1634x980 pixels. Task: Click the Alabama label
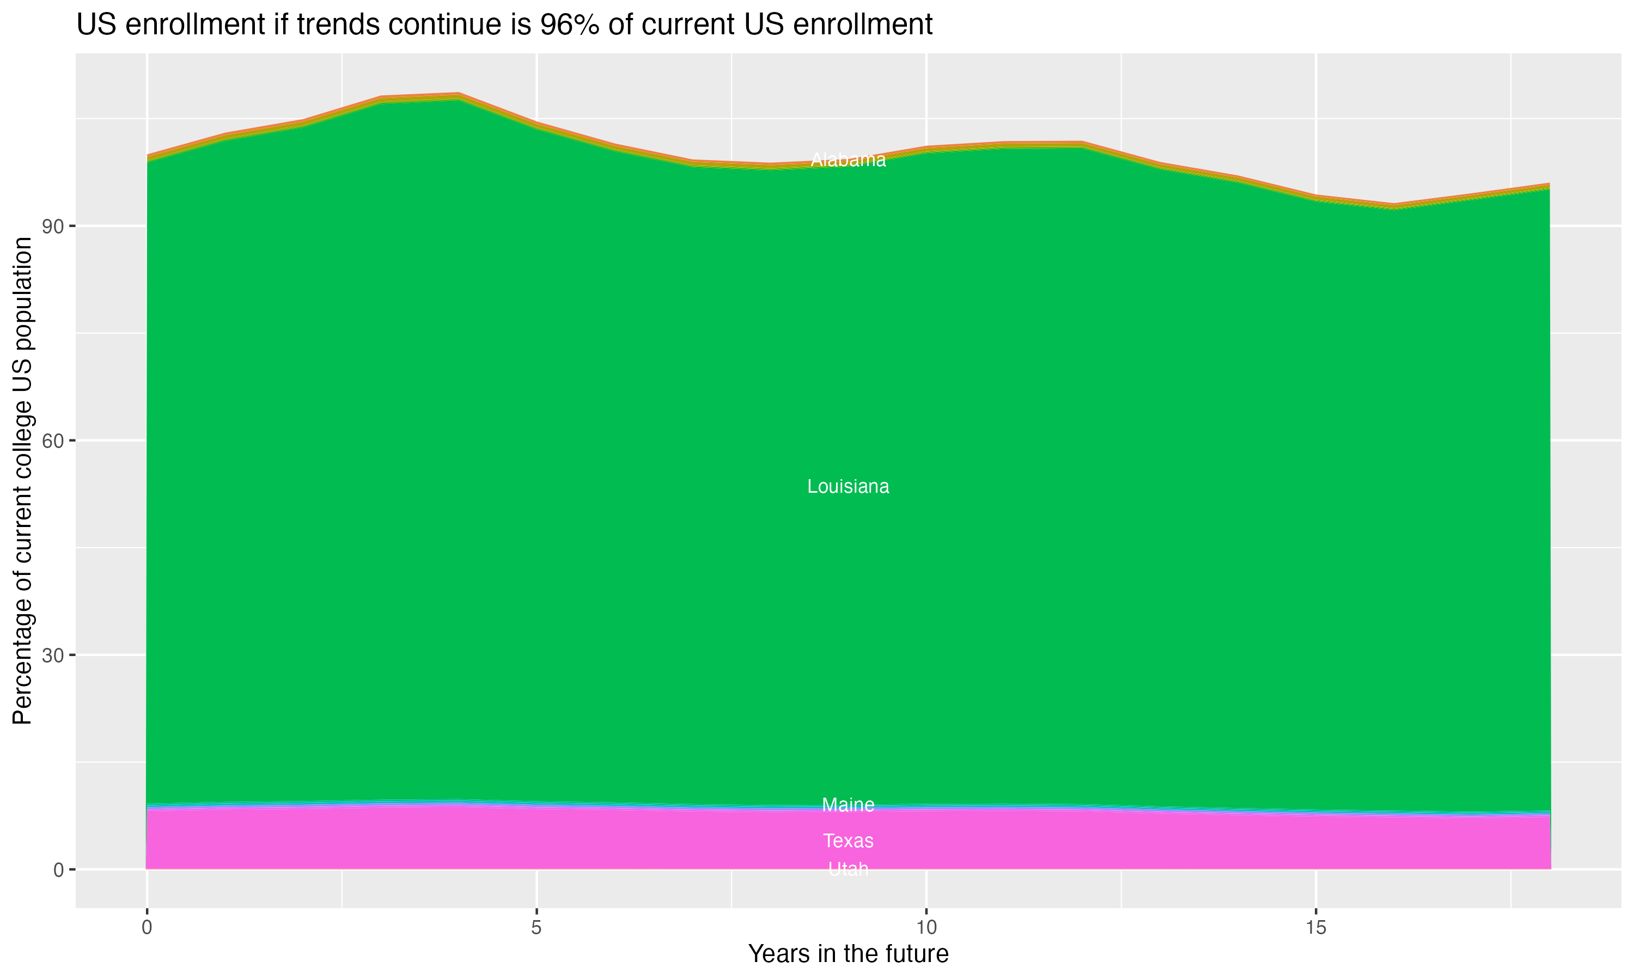point(848,160)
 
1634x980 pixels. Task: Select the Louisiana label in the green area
point(848,487)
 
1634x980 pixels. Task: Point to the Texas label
point(848,841)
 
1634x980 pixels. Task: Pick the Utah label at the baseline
point(848,869)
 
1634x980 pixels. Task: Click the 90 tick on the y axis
point(52,226)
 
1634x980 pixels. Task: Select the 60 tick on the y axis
point(52,440)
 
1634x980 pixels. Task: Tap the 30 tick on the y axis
point(52,655)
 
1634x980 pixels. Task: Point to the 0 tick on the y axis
point(59,869)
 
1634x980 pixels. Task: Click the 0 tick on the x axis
point(147,928)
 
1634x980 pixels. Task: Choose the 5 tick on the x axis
point(536,928)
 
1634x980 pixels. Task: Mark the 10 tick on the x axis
point(926,928)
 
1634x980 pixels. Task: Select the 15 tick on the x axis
point(1316,928)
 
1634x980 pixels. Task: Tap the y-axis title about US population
point(23,480)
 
